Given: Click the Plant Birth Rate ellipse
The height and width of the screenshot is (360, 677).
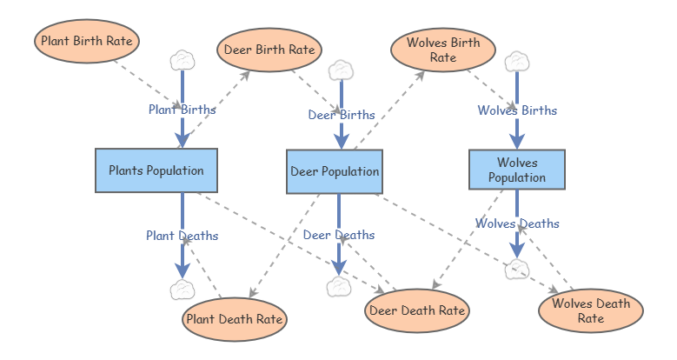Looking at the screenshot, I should [86, 41].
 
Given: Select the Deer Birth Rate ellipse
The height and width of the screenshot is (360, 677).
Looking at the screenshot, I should [269, 50].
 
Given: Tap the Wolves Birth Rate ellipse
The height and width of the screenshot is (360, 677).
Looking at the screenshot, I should [442, 50].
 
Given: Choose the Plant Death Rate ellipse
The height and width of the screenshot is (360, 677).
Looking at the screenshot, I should [234, 319].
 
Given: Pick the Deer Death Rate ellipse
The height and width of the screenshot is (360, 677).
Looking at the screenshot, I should [417, 310].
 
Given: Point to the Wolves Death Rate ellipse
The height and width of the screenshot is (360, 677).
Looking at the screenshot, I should [591, 310].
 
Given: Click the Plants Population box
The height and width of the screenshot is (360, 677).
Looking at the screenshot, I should [156, 170].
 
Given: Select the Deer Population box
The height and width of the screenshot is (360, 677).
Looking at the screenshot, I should [334, 171].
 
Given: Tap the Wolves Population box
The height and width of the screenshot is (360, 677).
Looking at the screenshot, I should [517, 170].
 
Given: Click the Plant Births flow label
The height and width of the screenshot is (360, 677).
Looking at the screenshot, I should [182, 110].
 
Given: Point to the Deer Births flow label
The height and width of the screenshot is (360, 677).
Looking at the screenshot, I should [342, 114].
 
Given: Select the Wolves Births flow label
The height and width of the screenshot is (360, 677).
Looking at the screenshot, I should [517, 110].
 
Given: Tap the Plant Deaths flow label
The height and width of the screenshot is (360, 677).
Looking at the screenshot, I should [182, 235].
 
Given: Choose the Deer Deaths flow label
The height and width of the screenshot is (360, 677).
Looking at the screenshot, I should [339, 235].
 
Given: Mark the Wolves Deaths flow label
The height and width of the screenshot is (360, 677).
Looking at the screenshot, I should [517, 223].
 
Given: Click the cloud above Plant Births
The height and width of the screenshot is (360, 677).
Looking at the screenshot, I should [182, 60].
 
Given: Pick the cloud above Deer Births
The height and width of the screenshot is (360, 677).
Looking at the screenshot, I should [340, 70].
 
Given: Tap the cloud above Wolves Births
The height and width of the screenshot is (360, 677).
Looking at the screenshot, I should [517, 61].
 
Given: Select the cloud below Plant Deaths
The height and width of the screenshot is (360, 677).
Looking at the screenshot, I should [182, 290].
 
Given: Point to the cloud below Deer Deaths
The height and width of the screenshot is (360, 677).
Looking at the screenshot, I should [339, 287].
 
